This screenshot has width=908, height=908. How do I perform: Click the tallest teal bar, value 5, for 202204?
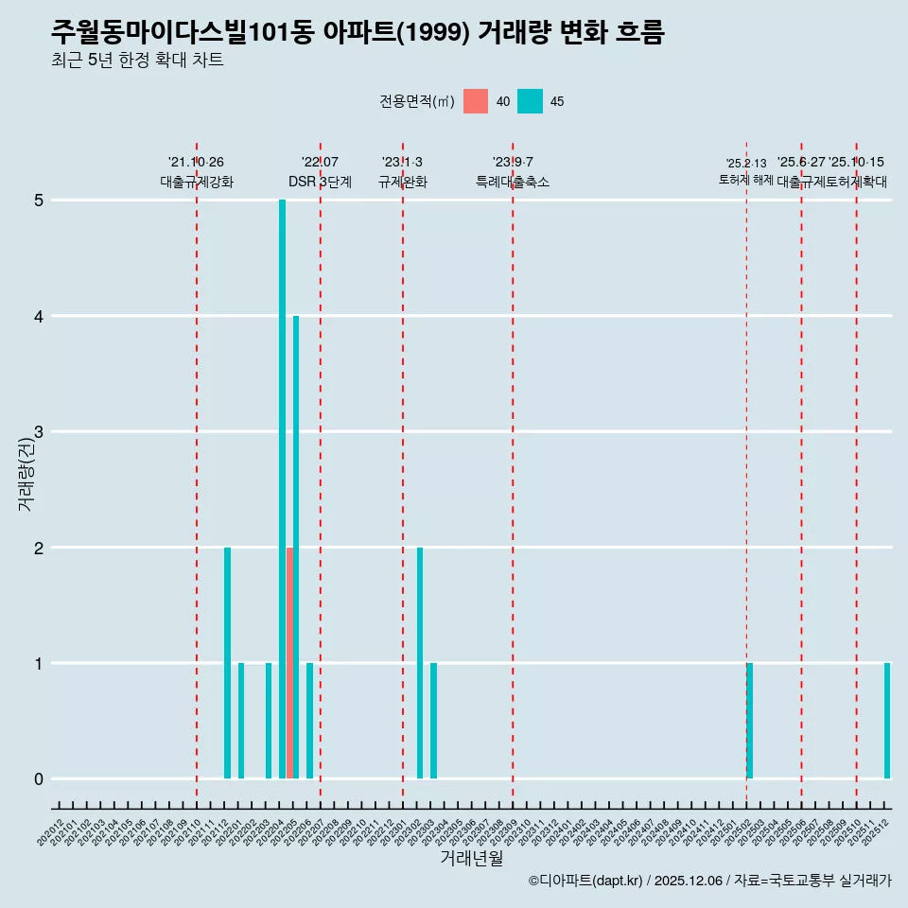[x=282, y=489]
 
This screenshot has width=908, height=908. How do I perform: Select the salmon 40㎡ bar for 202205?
[x=289, y=662]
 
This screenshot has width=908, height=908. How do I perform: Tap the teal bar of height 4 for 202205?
[x=296, y=547]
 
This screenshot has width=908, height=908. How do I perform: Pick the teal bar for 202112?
[x=227, y=662]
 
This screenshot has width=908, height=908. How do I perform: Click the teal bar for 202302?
[x=420, y=662]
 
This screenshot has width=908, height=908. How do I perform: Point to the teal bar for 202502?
[x=750, y=721]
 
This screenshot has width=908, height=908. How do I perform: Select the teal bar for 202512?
[x=887, y=721]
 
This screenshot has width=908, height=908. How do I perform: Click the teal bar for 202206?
[x=309, y=721]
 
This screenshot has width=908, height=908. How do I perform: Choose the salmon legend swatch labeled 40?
[x=476, y=101]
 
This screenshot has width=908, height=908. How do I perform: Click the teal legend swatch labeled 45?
[x=530, y=101]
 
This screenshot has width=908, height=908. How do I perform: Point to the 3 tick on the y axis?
[x=39, y=432]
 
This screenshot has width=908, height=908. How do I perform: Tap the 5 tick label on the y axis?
[x=39, y=201]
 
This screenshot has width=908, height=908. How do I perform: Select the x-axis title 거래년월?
[x=471, y=858]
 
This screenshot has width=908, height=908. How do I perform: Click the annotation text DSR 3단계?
[x=320, y=182]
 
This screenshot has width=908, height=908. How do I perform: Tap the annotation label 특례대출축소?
[x=512, y=182]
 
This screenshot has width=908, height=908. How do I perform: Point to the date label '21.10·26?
[x=196, y=163]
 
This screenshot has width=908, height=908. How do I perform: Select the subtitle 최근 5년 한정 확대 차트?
[x=137, y=61]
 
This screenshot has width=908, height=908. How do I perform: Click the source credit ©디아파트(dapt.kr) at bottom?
[x=585, y=881]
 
